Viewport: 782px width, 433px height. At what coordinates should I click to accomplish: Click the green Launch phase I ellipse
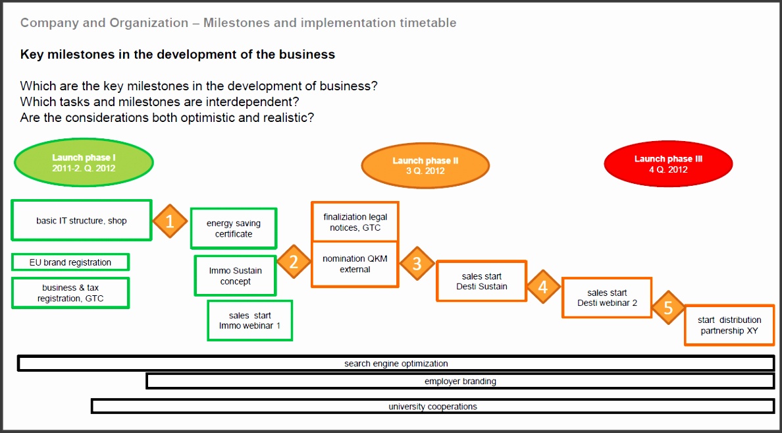(x=84, y=163)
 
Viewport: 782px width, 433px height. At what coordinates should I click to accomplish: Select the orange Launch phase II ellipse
(x=425, y=165)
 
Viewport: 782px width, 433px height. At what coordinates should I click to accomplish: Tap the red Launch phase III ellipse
(x=667, y=164)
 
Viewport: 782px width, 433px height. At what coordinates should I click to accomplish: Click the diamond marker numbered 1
(x=170, y=221)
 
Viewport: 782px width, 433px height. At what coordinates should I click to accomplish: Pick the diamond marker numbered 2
(x=294, y=262)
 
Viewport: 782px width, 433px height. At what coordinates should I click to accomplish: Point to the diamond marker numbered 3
(x=417, y=264)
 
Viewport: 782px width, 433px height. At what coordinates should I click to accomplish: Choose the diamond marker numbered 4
(x=543, y=287)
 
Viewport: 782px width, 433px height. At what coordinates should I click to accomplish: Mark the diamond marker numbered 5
(x=668, y=308)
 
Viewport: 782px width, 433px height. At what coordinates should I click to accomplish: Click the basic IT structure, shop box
(x=82, y=221)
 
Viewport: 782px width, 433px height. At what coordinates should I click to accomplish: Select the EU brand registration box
(x=70, y=262)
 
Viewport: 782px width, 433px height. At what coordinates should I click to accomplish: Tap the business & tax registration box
(x=70, y=293)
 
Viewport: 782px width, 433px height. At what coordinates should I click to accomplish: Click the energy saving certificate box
(x=234, y=229)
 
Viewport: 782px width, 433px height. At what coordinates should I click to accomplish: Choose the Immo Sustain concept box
(x=235, y=275)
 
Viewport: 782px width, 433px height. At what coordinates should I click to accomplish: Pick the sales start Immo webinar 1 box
(x=249, y=320)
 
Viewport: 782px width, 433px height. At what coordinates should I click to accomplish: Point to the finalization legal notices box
(x=355, y=222)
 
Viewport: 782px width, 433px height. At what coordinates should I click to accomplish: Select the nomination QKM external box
(x=355, y=264)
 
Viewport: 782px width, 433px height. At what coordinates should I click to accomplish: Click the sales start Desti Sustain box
(x=482, y=281)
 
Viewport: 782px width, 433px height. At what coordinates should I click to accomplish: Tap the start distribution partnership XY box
(x=729, y=325)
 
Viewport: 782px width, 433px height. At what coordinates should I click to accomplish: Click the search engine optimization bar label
(x=396, y=364)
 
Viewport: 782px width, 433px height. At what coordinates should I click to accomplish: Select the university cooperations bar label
(x=432, y=407)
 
